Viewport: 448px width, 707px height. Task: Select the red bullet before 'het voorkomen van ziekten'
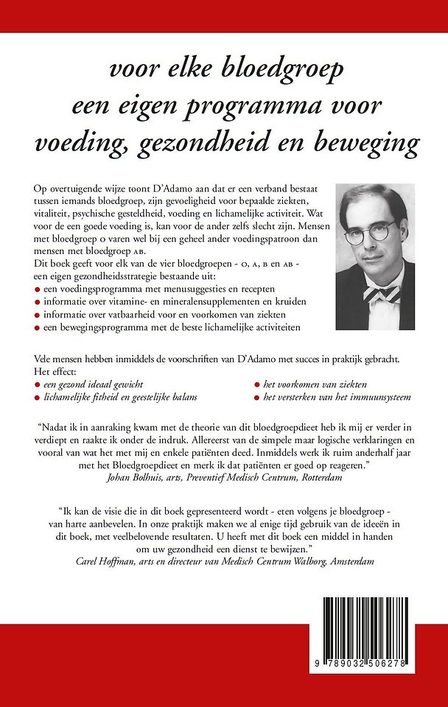(x=256, y=385)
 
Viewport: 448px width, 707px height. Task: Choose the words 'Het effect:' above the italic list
(x=57, y=373)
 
